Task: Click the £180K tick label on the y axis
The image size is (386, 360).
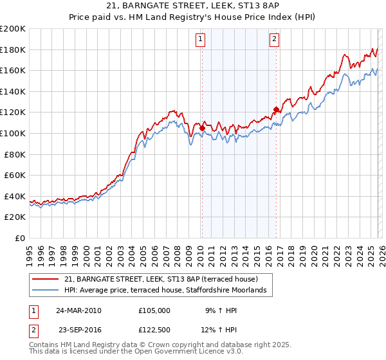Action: (x=12, y=50)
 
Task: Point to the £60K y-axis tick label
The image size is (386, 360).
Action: (x=15, y=175)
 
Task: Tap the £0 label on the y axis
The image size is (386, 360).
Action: (x=21, y=238)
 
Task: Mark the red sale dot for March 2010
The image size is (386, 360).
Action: (x=202, y=128)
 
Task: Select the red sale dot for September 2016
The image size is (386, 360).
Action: (x=276, y=110)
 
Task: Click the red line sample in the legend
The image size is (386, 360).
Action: (x=46, y=279)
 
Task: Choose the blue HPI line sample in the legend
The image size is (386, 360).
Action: (x=46, y=291)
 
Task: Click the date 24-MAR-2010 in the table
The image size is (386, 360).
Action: (x=78, y=310)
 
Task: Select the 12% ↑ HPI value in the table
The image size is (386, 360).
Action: (x=221, y=330)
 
